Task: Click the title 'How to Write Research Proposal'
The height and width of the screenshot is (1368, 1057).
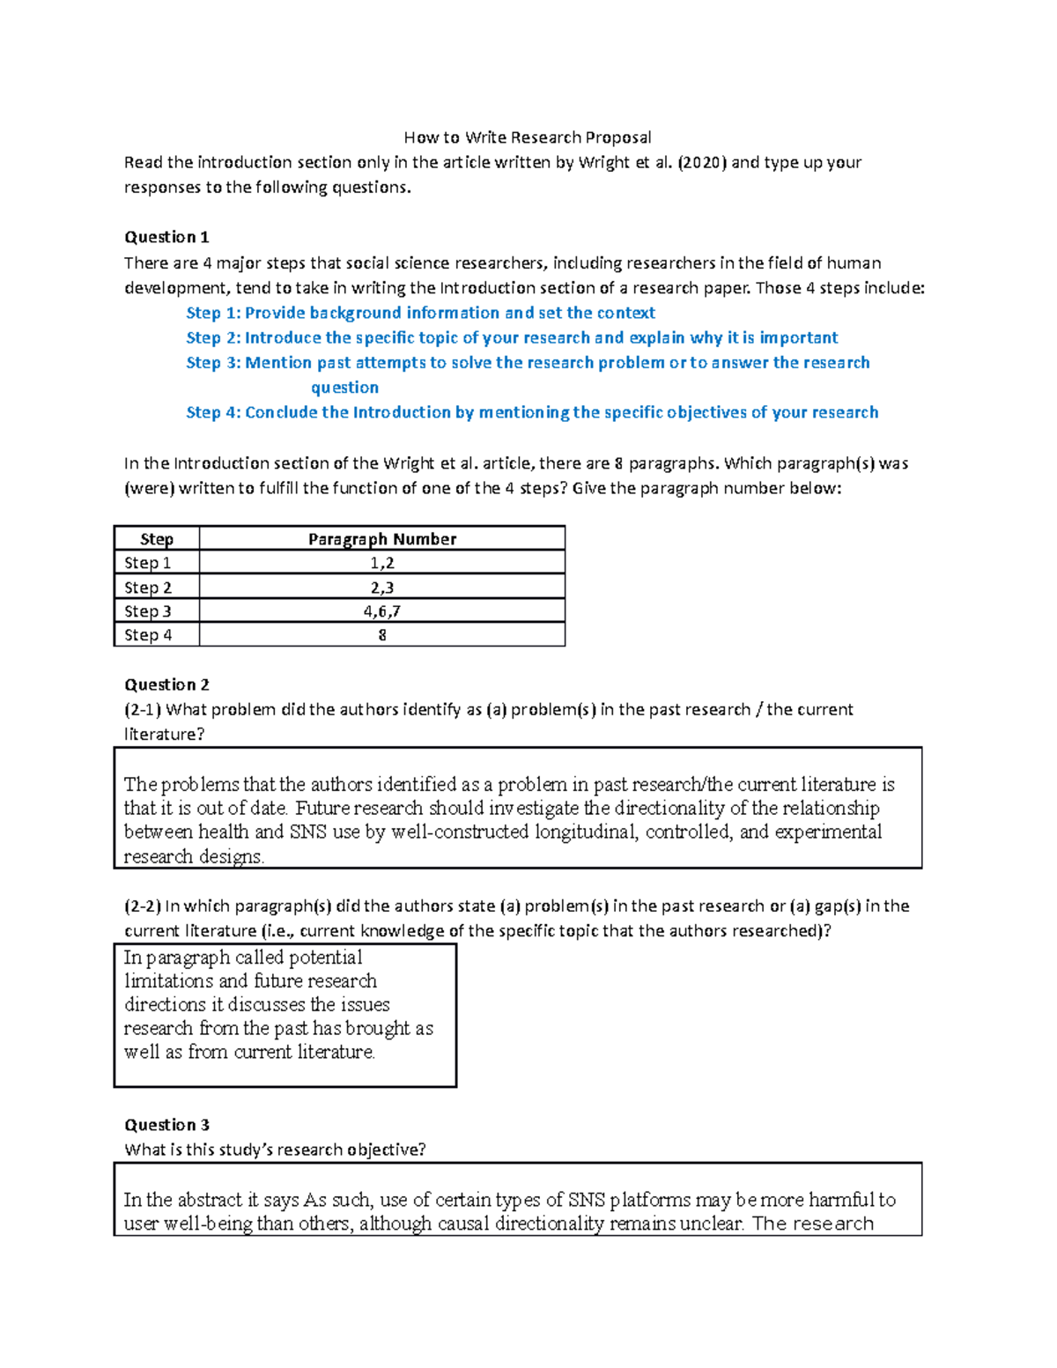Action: coord(528,137)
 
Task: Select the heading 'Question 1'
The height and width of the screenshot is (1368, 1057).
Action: coord(166,237)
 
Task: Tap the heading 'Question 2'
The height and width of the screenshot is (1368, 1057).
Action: coord(166,684)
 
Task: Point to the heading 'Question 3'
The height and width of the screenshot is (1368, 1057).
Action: coord(166,1125)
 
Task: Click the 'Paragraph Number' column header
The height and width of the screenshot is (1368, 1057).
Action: coord(381,539)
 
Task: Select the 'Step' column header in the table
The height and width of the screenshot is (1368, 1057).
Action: coord(157,539)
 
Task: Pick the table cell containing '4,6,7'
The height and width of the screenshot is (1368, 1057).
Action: coord(381,611)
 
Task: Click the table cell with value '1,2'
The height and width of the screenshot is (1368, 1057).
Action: coord(381,563)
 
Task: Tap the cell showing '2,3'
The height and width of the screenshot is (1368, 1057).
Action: coord(381,588)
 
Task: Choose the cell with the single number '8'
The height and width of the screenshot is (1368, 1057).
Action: coord(381,635)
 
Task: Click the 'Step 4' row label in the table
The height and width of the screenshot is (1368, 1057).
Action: coord(148,635)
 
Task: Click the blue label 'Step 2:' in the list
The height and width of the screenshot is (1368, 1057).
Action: coord(213,338)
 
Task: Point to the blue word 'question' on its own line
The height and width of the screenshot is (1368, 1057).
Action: coord(344,388)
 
